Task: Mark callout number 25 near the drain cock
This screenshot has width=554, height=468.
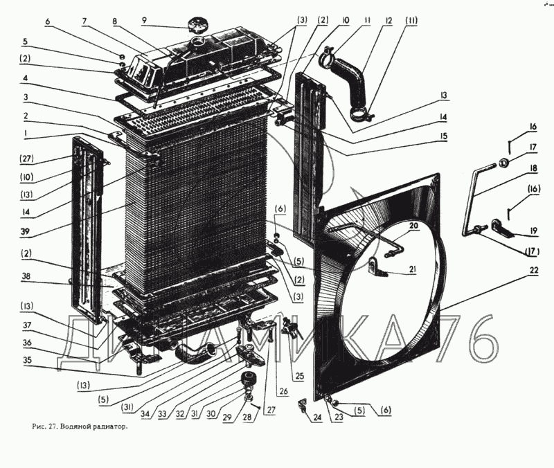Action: [x=298, y=376]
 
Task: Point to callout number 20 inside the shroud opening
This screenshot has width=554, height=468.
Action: [x=413, y=226]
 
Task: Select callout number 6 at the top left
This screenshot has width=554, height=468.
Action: [x=48, y=21]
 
